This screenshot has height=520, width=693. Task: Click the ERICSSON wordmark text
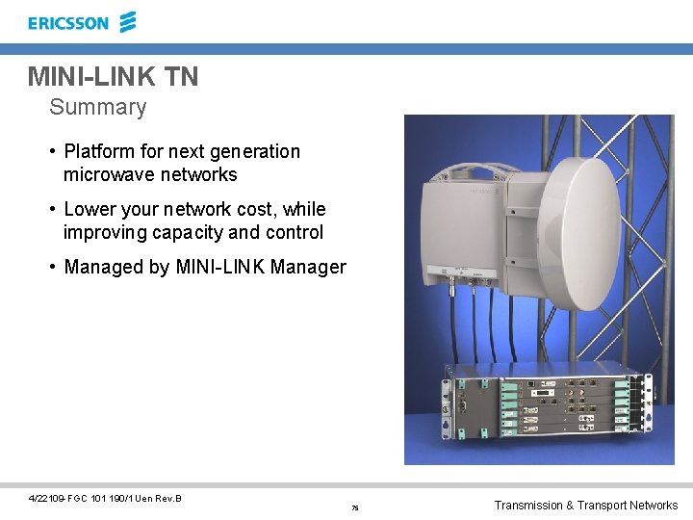[68, 23]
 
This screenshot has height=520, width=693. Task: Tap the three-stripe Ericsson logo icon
[127, 21]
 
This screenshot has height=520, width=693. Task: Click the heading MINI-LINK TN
[113, 76]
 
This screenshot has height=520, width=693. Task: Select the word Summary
[98, 107]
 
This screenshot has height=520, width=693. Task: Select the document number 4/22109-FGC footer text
[106, 498]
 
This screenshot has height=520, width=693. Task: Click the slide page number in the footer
[355, 507]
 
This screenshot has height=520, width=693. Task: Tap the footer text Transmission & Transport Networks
[585, 506]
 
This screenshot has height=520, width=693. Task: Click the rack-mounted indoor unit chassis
[544, 404]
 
